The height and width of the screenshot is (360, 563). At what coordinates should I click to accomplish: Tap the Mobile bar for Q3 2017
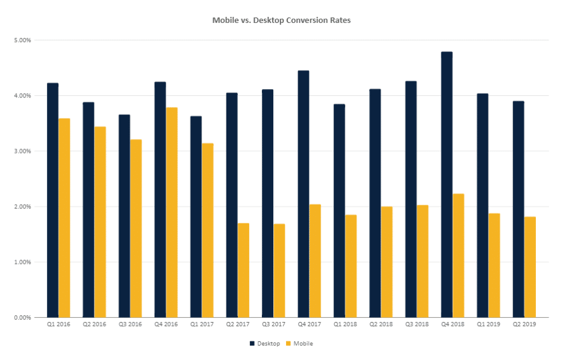pyautogui.click(x=279, y=270)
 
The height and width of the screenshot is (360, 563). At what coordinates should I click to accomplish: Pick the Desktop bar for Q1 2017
pyautogui.click(x=196, y=216)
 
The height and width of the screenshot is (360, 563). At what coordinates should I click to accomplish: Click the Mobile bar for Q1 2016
pyautogui.click(x=64, y=217)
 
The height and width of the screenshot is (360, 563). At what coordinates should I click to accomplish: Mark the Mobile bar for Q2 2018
pyautogui.click(x=387, y=262)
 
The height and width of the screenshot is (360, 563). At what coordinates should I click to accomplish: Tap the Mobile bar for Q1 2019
pyautogui.click(x=494, y=265)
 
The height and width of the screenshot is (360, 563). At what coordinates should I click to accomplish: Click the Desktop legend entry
pyautogui.click(x=264, y=343)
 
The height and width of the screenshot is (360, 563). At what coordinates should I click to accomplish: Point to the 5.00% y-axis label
pyautogui.click(x=22, y=40)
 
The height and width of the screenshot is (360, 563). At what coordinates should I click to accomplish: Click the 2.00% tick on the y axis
pyautogui.click(x=22, y=206)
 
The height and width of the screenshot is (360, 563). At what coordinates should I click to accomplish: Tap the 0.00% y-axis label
pyautogui.click(x=22, y=317)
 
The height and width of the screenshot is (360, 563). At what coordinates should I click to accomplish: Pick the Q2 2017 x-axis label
pyautogui.click(x=237, y=324)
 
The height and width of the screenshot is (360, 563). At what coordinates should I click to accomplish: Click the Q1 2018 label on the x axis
pyautogui.click(x=345, y=324)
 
